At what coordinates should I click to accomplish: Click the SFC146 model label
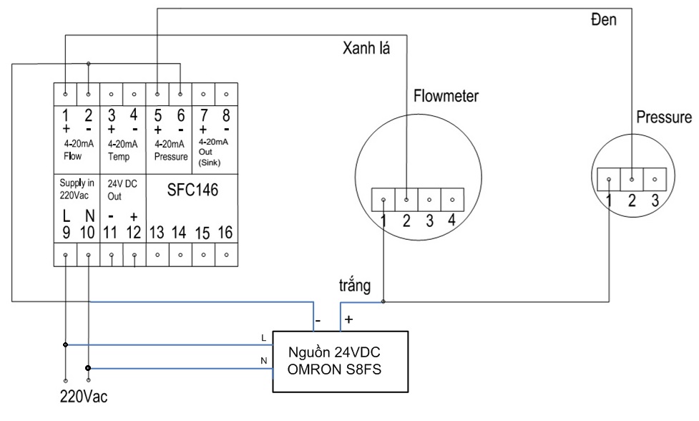pyautogui.click(x=192, y=190)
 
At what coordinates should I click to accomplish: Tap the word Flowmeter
pyautogui.click(x=446, y=96)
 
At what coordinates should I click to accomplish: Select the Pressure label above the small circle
pyautogui.click(x=664, y=117)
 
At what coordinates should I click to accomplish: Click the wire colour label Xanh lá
pyautogui.click(x=366, y=48)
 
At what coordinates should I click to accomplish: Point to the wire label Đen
pyautogui.click(x=604, y=19)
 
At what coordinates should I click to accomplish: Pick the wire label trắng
pyautogui.click(x=354, y=286)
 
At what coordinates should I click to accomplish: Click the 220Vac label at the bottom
pyautogui.click(x=84, y=397)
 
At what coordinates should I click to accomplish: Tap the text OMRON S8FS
pyautogui.click(x=334, y=369)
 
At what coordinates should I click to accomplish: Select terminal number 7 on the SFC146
pyautogui.click(x=204, y=115)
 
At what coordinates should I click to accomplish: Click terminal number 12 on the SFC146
pyautogui.click(x=133, y=233)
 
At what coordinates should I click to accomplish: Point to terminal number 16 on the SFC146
pyautogui.click(x=225, y=233)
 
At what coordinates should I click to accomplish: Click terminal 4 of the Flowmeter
pyautogui.click(x=451, y=221)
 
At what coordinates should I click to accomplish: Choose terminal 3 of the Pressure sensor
pyautogui.click(x=655, y=200)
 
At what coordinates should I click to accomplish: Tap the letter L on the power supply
pyautogui.click(x=263, y=338)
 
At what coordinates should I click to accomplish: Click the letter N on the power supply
pyautogui.click(x=264, y=361)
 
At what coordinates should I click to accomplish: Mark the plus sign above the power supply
pyautogui.click(x=348, y=319)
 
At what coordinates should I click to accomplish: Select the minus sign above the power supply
pyautogui.click(x=318, y=320)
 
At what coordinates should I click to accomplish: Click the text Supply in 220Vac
pyautogui.click(x=77, y=189)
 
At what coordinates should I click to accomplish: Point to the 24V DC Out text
pyautogui.click(x=122, y=190)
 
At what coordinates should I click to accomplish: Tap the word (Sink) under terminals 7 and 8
pyautogui.click(x=210, y=163)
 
